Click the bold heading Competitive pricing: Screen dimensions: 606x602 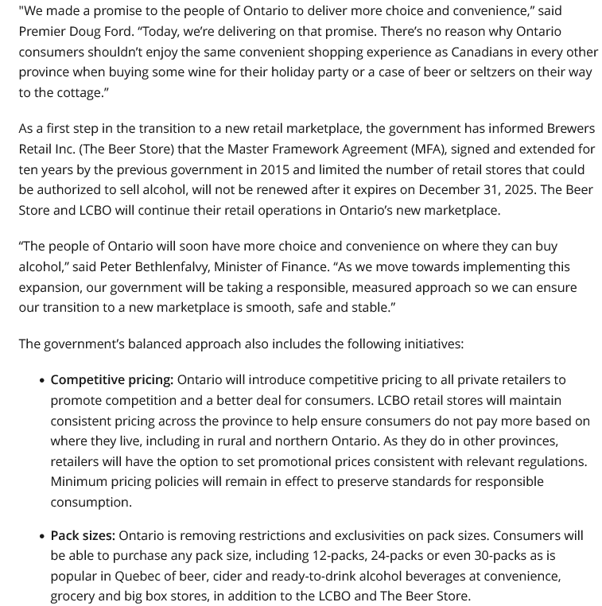[x=111, y=380]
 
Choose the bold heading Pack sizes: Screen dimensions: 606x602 [x=83, y=536]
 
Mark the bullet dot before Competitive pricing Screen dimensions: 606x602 [x=41, y=381]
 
